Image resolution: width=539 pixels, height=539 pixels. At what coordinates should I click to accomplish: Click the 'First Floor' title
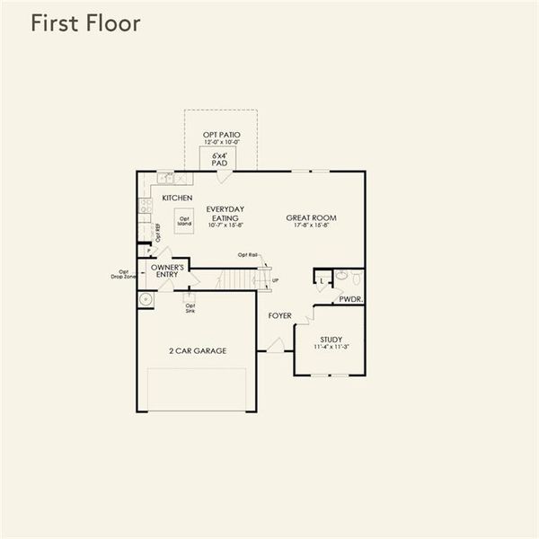[x=85, y=24]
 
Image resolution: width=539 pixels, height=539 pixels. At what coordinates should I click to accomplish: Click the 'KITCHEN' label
[x=177, y=198]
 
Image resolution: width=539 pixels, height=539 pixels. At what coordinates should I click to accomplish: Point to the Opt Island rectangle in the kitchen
[x=184, y=220]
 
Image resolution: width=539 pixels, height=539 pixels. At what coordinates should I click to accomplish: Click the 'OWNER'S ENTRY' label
[x=168, y=271]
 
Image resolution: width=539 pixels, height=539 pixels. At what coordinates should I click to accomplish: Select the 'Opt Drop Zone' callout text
[x=124, y=274]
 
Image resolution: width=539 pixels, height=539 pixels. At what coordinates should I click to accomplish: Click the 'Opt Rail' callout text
[x=247, y=255]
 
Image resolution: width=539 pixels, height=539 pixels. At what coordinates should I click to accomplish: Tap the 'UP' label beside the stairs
[x=274, y=281]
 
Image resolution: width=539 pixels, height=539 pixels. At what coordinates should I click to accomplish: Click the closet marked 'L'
[x=322, y=281]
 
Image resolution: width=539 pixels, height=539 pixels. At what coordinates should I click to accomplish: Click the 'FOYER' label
[x=280, y=316]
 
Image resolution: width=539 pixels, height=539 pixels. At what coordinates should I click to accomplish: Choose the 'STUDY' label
[x=331, y=339]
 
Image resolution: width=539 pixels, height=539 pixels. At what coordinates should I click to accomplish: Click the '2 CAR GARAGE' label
[x=197, y=350]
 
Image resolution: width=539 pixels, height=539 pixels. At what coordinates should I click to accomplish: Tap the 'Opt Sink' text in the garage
[x=190, y=308]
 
